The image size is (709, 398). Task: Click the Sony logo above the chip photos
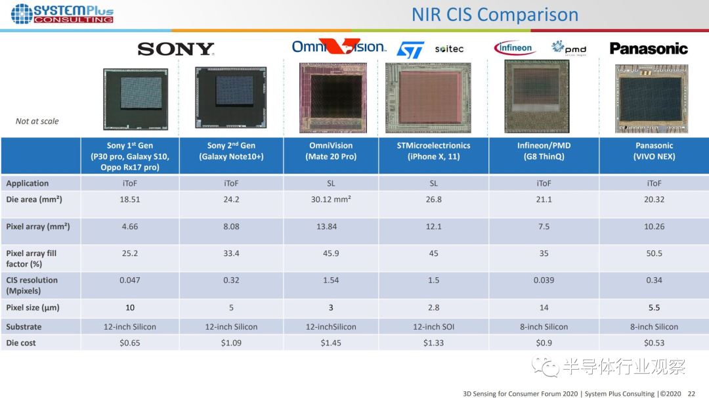point(176,49)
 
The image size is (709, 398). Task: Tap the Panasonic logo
point(648,49)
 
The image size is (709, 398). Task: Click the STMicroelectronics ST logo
point(411,49)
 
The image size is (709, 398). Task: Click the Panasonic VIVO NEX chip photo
point(651,98)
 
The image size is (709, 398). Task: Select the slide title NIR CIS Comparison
point(495,14)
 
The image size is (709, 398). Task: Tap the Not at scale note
point(37,121)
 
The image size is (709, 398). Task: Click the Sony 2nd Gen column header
point(231,151)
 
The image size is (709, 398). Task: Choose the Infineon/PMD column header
point(544,151)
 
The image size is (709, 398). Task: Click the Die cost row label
point(21,343)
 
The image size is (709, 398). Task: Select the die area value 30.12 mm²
point(331,200)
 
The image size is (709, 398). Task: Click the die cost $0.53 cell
point(654,343)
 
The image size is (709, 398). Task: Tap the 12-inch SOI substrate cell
point(433,326)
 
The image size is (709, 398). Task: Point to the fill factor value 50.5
point(654,254)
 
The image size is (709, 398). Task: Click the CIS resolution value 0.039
point(544,280)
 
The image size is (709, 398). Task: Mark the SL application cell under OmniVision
point(331,183)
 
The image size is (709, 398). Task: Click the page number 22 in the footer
point(691,393)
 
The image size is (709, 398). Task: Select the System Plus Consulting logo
point(62,14)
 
